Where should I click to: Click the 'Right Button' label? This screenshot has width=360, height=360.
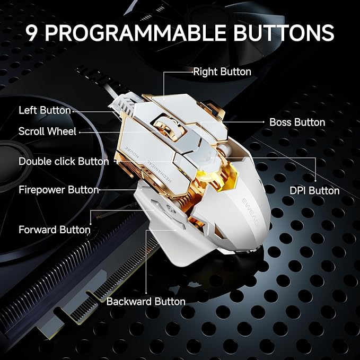[222, 72]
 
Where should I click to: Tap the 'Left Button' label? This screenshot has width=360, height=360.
[45, 110]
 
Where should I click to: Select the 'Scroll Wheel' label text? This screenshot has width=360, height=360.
[47, 131]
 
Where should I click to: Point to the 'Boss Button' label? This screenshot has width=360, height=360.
[297, 122]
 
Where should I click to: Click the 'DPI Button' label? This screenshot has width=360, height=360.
[314, 190]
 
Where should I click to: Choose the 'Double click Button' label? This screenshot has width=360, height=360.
[64, 161]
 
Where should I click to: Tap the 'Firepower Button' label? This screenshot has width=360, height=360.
[59, 190]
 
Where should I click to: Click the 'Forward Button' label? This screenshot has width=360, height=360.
[55, 230]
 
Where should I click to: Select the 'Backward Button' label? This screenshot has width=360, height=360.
[146, 302]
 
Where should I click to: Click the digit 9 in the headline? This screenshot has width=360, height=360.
[32, 32]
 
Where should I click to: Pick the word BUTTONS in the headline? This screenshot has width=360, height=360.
[284, 32]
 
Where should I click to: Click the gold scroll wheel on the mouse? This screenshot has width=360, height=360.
[163, 126]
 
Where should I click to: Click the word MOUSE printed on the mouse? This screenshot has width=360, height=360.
[131, 152]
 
